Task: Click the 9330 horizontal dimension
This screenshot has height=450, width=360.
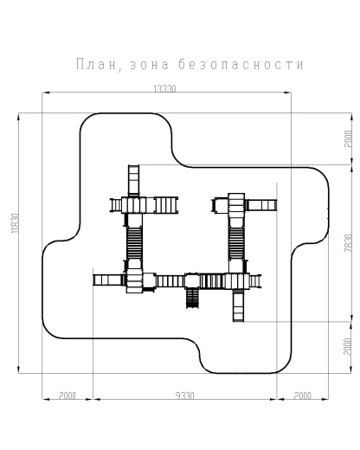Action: click(184, 395)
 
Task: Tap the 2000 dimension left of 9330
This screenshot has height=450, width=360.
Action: click(67, 395)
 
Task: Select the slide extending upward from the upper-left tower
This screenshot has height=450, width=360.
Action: click(134, 180)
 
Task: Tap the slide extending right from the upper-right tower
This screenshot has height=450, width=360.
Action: click(263, 204)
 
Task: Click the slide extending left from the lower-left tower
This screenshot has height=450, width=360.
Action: click(108, 279)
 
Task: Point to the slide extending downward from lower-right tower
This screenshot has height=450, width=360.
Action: click(237, 306)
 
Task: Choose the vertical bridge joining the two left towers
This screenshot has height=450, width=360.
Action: click(134, 242)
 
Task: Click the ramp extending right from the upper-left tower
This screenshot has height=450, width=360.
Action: click(164, 204)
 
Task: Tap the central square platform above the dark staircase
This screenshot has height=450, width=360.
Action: click(192, 279)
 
